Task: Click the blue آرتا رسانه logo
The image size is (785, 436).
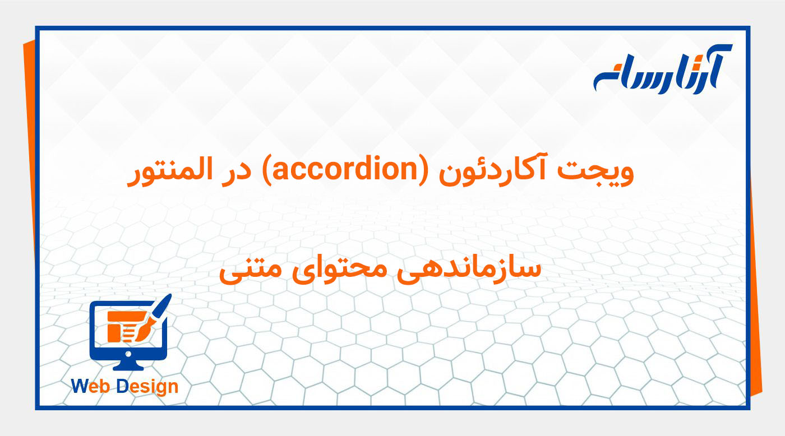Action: click(662, 69)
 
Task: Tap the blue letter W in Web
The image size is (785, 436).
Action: click(79, 386)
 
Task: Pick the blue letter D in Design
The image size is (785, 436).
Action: click(122, 386)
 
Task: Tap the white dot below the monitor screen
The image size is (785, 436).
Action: click(128, 354)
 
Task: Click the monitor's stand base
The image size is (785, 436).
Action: click(128, 366)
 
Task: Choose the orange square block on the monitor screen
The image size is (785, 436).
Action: click(114, 332)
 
